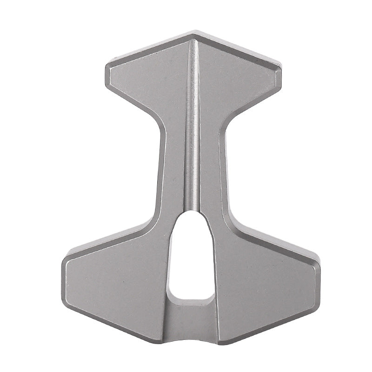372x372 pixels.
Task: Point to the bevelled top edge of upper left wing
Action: [x=149, y=46]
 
